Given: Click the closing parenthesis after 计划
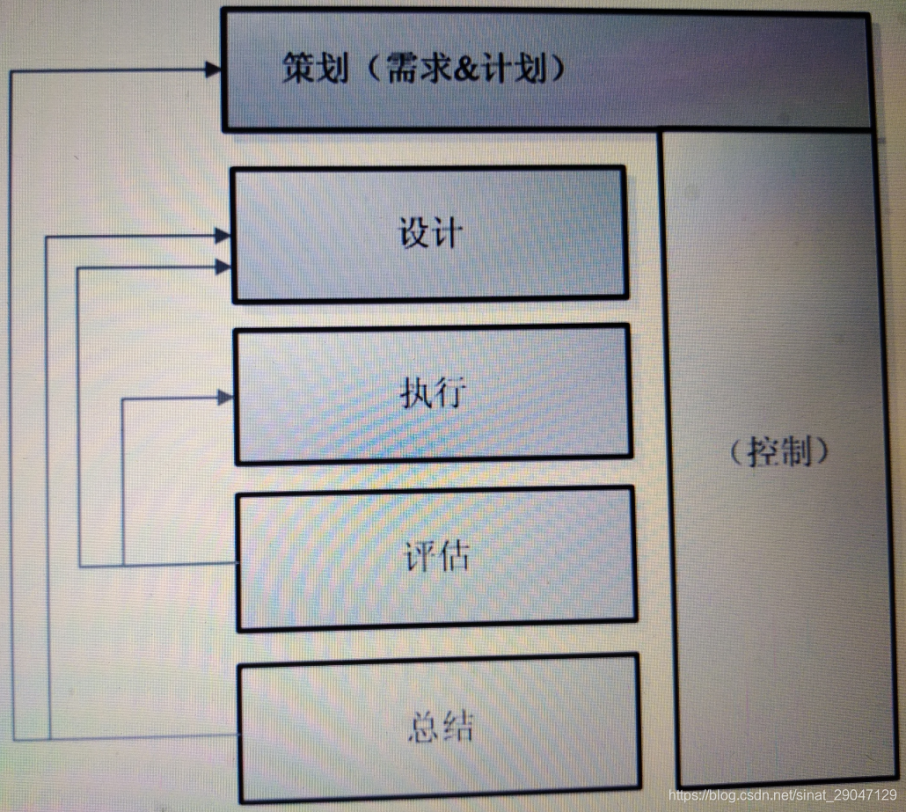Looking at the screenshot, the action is tap(554, 68).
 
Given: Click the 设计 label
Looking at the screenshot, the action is tap(430, 233).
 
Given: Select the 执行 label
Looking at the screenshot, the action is tap(431, 393).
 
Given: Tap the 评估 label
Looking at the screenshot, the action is tap(436, 557).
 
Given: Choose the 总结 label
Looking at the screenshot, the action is tap(441, 726).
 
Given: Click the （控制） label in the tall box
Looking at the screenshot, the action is tap(780, 451).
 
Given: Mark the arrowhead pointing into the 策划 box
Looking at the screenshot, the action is tap(214, 69).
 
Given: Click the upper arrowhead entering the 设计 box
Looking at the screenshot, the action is tap(223, 235).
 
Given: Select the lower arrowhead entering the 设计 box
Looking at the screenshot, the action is tap(223, 266).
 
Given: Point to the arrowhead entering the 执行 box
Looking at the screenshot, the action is tap(226, 398).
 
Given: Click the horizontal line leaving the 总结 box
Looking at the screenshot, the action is tap(132, 737).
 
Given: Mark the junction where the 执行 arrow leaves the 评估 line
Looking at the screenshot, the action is tap(122, 565).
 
